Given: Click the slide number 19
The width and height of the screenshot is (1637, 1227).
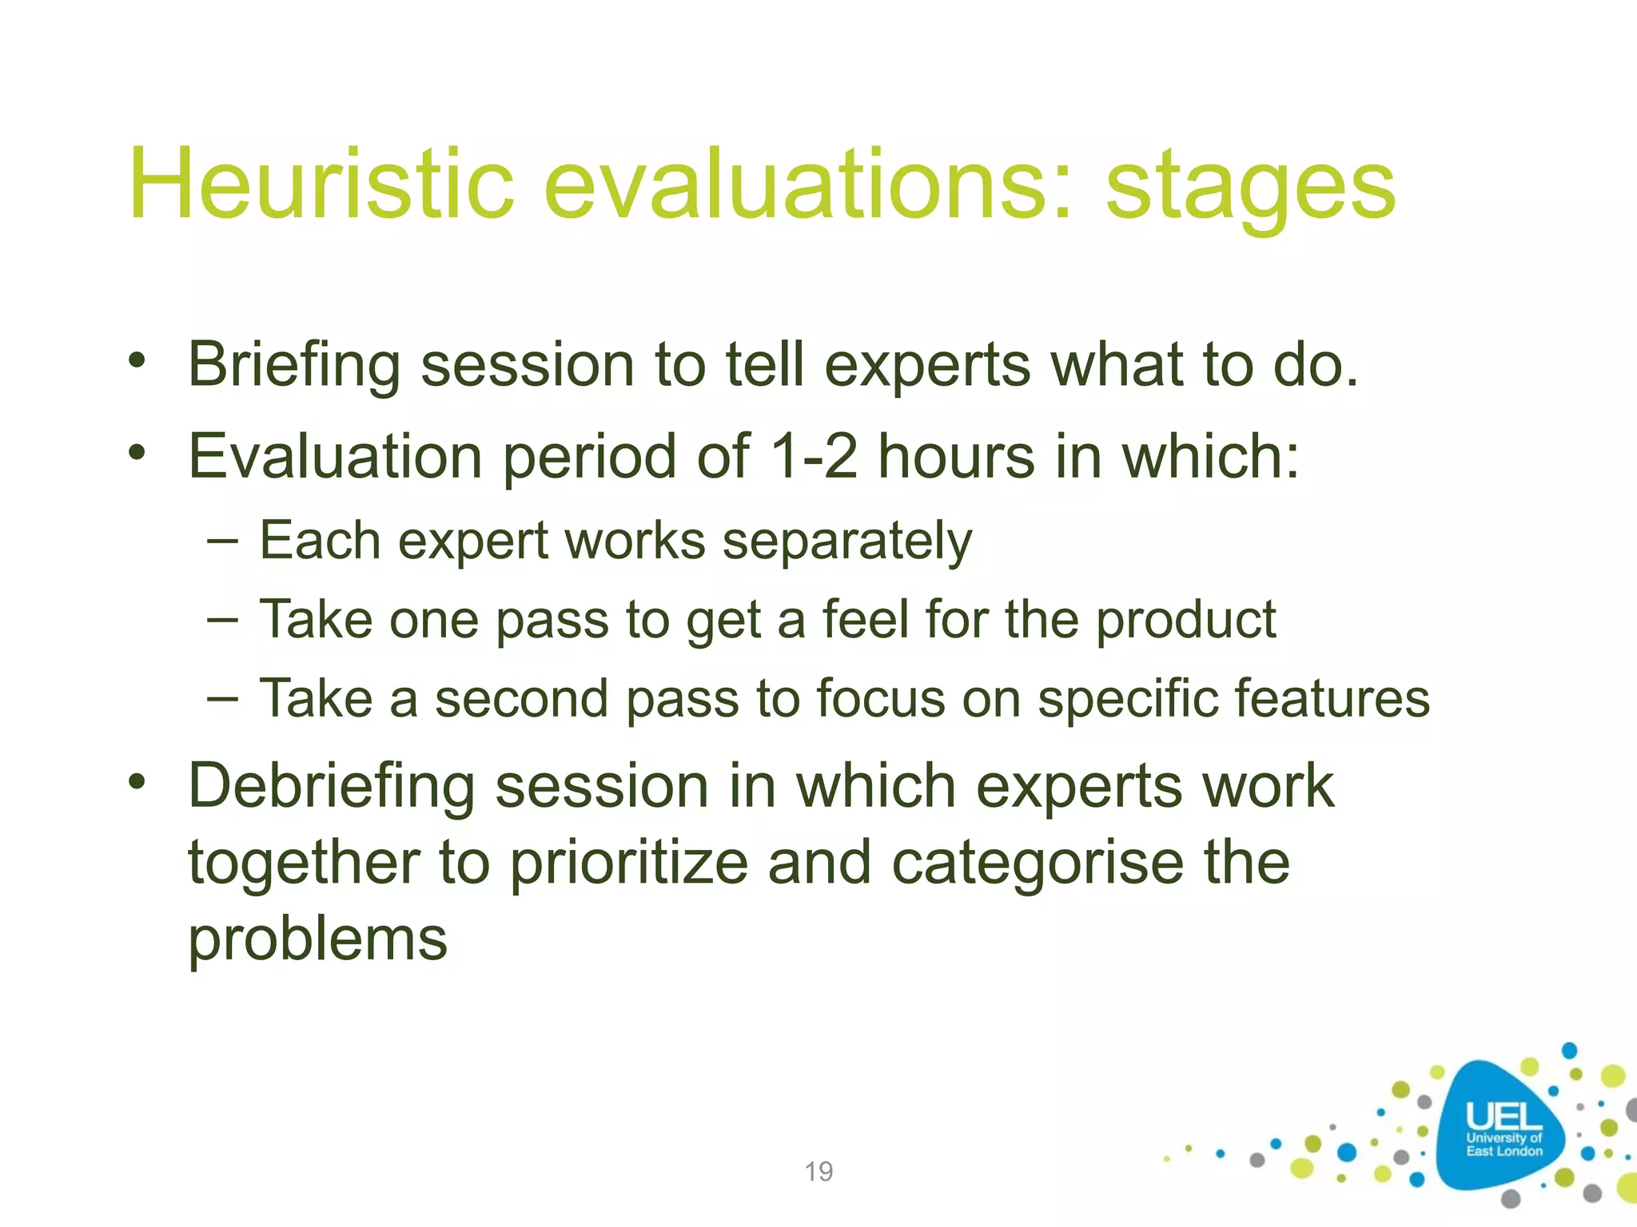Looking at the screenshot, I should click(818, 1172).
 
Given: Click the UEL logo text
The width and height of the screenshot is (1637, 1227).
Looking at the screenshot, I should click(1504, 1118).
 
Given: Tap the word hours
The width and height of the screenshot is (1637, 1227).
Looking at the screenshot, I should click(956, 457).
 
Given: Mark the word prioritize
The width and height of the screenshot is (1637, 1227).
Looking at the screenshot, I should click(629, 864).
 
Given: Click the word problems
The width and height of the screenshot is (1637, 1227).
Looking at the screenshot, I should click(317, 939).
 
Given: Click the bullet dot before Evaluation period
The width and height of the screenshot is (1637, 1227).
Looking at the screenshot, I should click(137, 453).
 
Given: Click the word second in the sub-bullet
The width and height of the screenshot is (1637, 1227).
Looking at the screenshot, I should click(521, 698).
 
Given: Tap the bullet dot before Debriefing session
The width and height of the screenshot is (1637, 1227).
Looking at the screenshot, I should click(137, 781).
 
